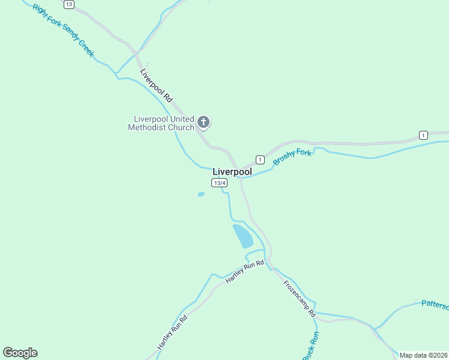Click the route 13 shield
click(x=69, y=4)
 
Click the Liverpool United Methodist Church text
click(x=161, y=123)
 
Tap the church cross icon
click(x=203, y=123)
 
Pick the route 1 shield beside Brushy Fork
click(x=260, y=159)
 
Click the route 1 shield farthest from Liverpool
click(x=424, y=134)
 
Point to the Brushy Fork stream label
click(x=292, y=157)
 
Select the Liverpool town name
click(x=232, y=172)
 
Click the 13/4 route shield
click(x=219, y=182)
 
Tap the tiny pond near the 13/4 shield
click(x=201, y=194)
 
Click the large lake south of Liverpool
click(x=243, y=236)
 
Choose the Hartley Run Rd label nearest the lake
click(x=244, y=272)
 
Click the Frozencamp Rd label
click(x=299, y=298)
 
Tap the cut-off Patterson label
click(x=435, y=305)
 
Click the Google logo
click(x=20, y=353)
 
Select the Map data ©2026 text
click(x=423, y=355)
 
